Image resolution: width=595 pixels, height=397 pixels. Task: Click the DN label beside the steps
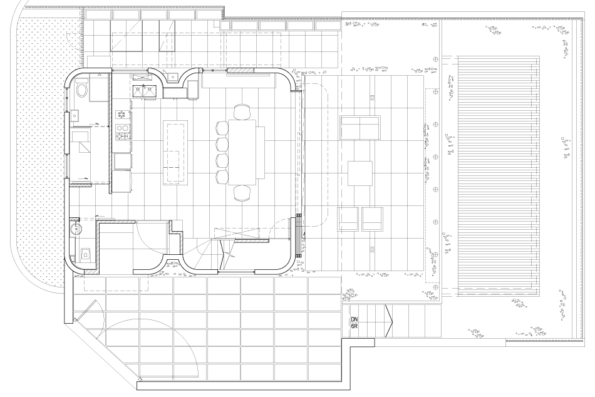click(x=354, y=319)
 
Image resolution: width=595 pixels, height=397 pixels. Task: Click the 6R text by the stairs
click(x=354, y=326)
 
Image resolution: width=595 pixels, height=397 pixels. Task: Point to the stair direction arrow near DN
click(x=388, y=321)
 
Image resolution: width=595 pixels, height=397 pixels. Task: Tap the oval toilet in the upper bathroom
click(x=81, y=90)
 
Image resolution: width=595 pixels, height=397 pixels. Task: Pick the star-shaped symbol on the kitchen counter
click(x=122, y=114)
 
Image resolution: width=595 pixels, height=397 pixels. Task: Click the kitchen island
click(x=175, y=153)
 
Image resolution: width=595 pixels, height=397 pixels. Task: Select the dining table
click(x=242, y=152)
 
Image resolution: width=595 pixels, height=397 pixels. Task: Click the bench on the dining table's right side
click(x=261, y=152)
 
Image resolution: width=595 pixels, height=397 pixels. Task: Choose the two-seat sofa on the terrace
click(x=360, y=128)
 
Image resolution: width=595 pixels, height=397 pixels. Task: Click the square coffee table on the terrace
click(x=360, y=173)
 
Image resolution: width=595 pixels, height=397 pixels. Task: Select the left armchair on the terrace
click(x=348, y=219)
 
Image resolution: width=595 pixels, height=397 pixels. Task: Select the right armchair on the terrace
click(x=372, y=219)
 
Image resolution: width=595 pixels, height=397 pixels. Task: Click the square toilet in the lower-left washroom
click(x=86, y=254)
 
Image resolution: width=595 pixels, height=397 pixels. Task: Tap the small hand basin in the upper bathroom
click(x=75, y=115)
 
